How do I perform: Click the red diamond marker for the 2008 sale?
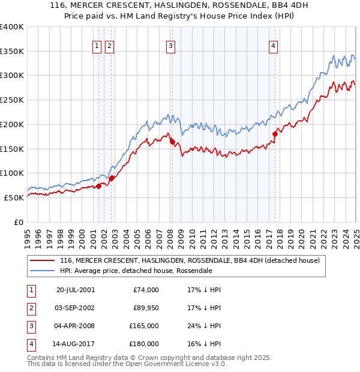point(172,142)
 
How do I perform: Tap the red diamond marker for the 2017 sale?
point(275,134)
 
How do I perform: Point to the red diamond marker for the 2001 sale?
point(99,186)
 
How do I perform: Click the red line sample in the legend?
point(43,261)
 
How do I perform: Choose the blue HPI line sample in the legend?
point(43,271)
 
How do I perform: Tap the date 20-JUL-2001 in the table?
point(75,290)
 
